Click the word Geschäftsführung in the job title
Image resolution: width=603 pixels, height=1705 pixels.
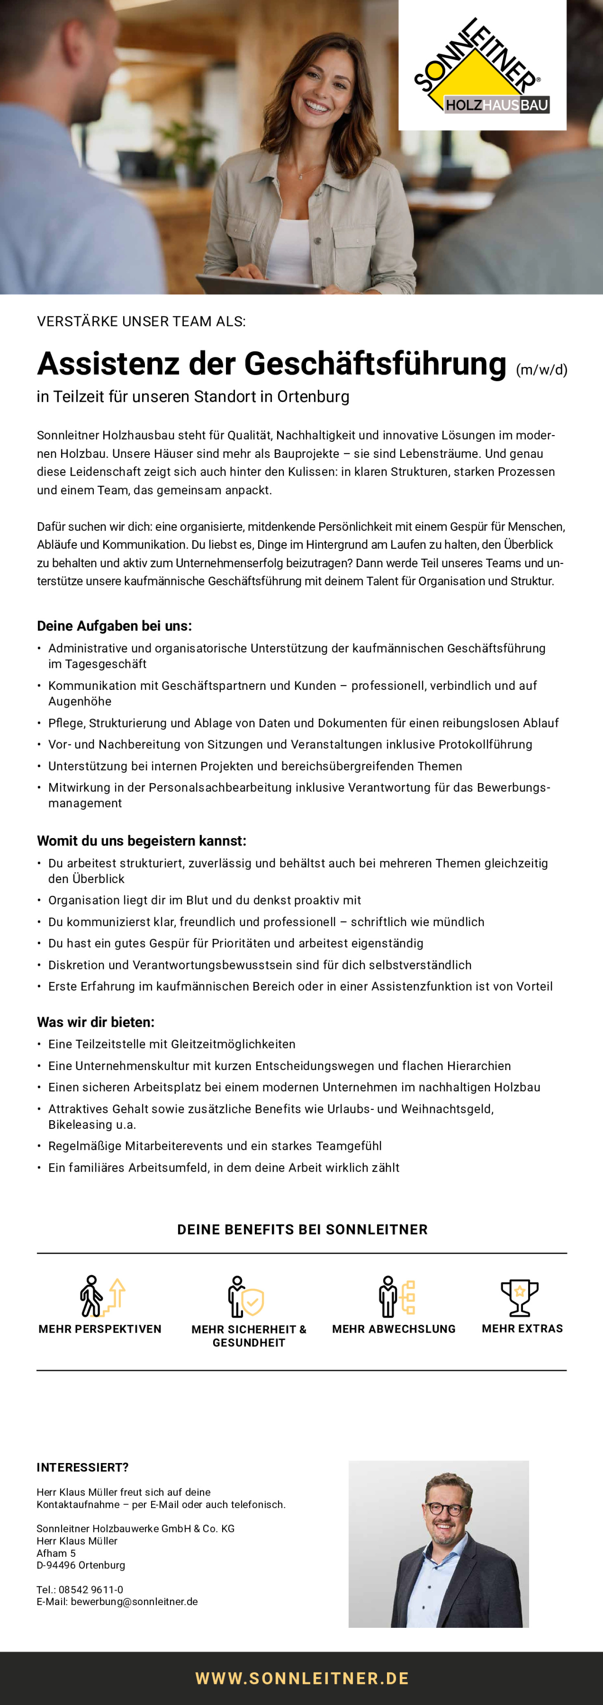click(x=375, y=364)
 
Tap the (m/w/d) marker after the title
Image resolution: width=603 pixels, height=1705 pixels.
click(x=541, y=370)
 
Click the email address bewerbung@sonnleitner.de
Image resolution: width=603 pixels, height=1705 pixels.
click(x=134, y=1602)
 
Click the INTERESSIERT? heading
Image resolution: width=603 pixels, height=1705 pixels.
click(x=83, y=1467)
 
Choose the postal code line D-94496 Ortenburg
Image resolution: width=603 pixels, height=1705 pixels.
click(x=81, y=1565)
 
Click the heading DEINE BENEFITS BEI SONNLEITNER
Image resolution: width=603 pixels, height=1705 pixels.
click(x=302, y=1230)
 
